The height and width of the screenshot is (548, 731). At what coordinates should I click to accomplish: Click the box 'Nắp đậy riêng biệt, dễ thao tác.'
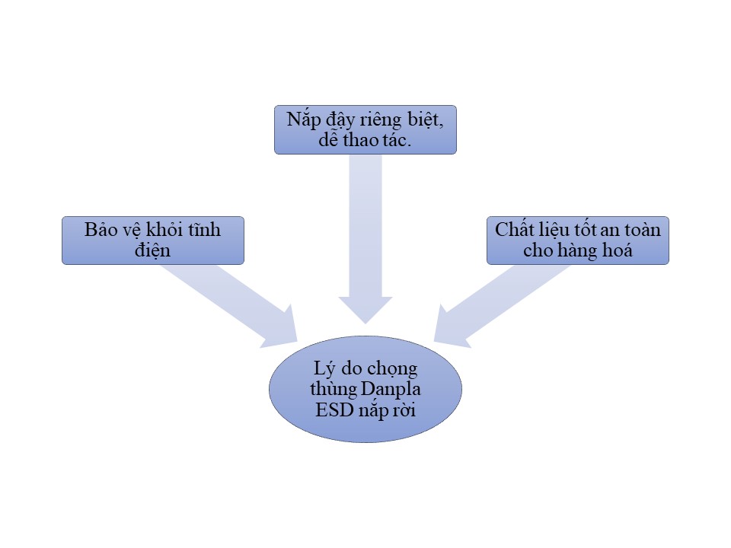[365, 129]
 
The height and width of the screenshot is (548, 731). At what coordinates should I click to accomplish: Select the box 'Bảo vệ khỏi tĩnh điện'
[152, 241]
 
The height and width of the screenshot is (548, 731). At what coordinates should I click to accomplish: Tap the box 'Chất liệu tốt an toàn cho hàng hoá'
[577, 241]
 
